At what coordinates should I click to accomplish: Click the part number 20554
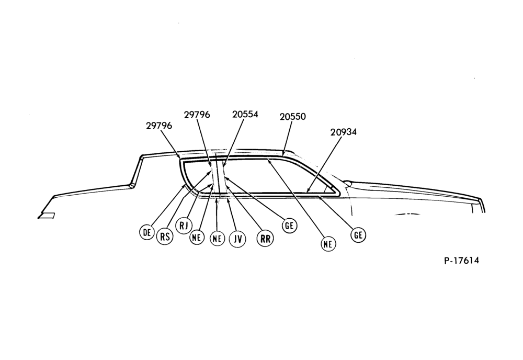click(245, 114)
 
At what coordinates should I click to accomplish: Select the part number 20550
click(292, 117)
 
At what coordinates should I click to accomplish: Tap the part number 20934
click(344, 132)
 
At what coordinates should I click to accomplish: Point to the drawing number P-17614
click(462, 260)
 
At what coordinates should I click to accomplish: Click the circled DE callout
click(147, 232)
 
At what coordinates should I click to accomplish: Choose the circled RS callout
click(165, 236)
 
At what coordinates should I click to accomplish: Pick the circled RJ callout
click(184, 226)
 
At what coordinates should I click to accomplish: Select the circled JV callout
click(237, 239)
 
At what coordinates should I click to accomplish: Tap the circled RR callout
click(265, 239)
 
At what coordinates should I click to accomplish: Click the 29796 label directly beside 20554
click(197, 115)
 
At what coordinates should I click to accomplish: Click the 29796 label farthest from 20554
click(159, 126)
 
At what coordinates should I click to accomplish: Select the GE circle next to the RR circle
click(289, 226)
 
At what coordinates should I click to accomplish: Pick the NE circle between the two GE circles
click(328, 244)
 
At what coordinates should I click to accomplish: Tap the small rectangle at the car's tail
click(47, 216)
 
